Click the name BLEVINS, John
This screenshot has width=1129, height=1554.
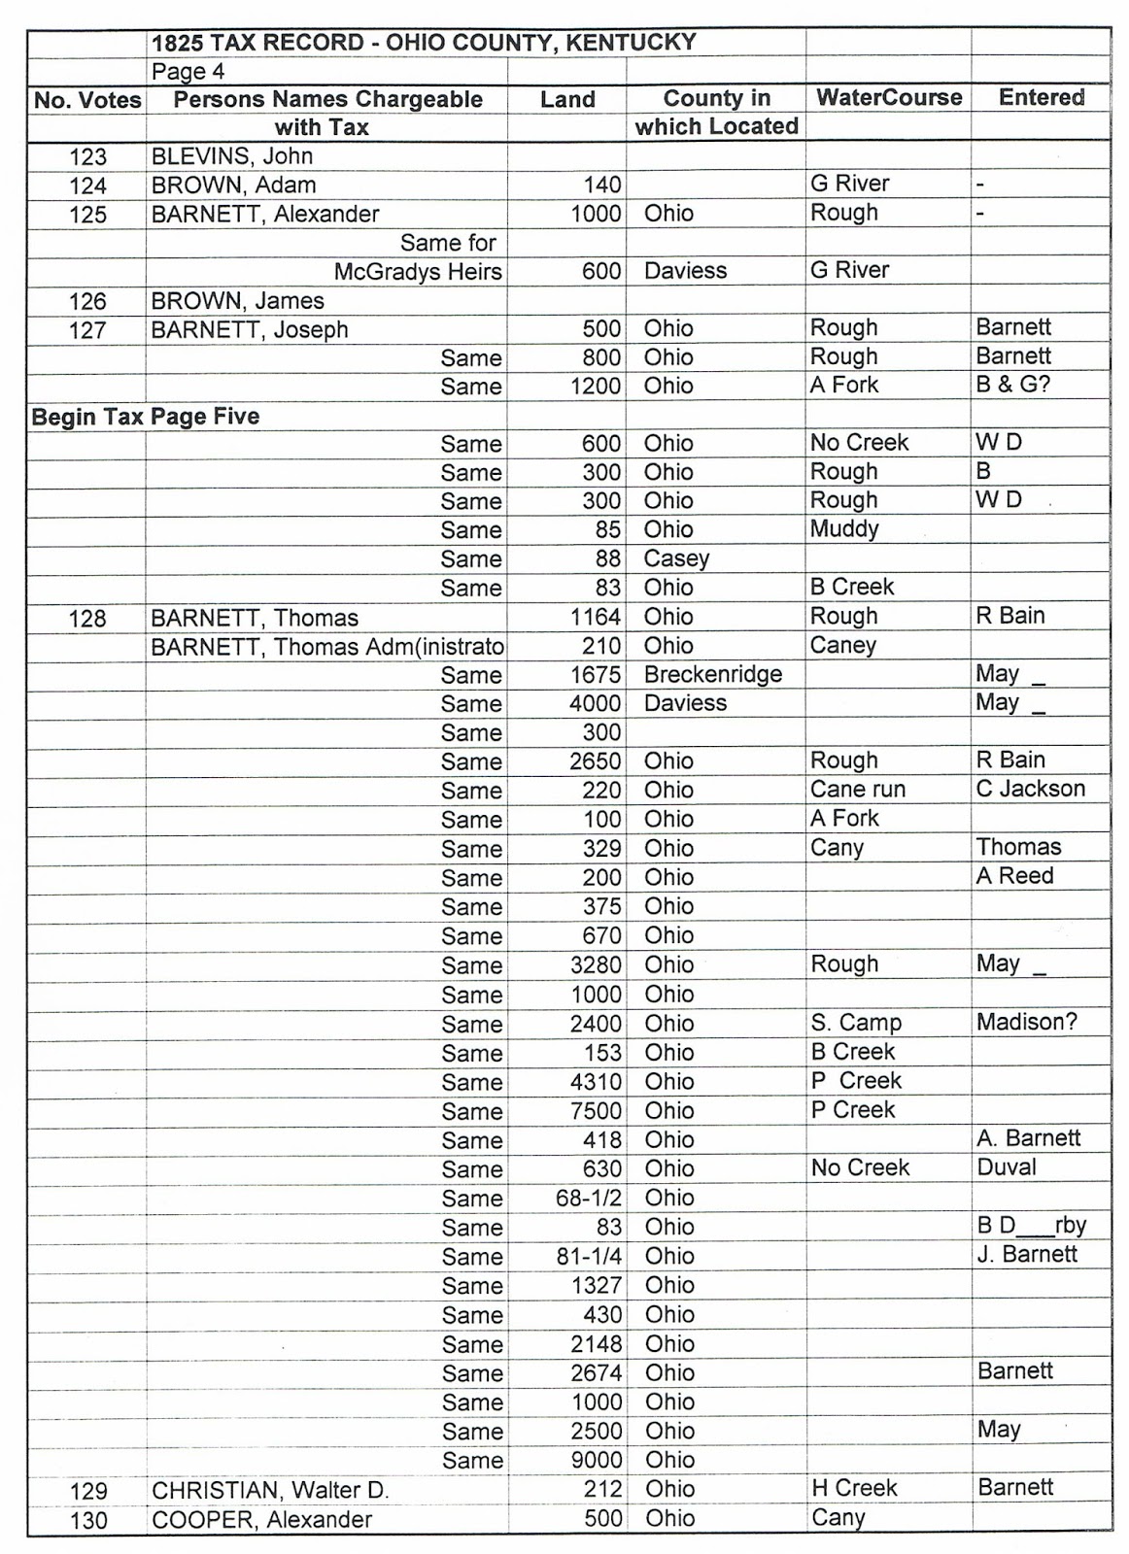[x=231, y=156]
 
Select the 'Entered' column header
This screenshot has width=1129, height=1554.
[x=1042, y=97]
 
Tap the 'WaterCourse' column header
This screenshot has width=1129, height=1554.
[x=888, y=97]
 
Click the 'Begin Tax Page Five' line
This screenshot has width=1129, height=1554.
[x=146, y=417]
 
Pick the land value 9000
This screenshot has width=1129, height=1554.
[x=596, y=1460]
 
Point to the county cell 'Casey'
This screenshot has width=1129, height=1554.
[x=676, y=558]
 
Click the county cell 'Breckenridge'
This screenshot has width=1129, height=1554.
[x=712, y=674]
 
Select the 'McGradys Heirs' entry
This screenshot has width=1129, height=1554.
[x=418, y=271]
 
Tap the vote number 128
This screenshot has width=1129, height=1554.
[x=87, y=618]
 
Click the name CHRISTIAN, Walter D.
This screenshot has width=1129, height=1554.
[x=270, y=1490]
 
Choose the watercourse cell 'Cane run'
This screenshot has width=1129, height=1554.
[x=857, y=789]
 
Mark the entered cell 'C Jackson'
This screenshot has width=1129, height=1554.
[x=1030, y=789]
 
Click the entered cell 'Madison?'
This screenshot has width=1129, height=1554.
[x=1026, y=1022]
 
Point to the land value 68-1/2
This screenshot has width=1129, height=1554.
[x=588, y=1198]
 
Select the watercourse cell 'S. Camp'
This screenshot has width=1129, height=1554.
[x=855, y=1023]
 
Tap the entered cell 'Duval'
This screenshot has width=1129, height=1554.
[x=1006, y=1167]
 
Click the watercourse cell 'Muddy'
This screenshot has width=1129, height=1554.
[x=843, y=529]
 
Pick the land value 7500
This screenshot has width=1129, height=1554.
[x=596, y=1110]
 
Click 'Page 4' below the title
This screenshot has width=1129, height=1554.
[x=188, y=72]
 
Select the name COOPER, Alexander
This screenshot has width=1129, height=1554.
[x=260, y=1519]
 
